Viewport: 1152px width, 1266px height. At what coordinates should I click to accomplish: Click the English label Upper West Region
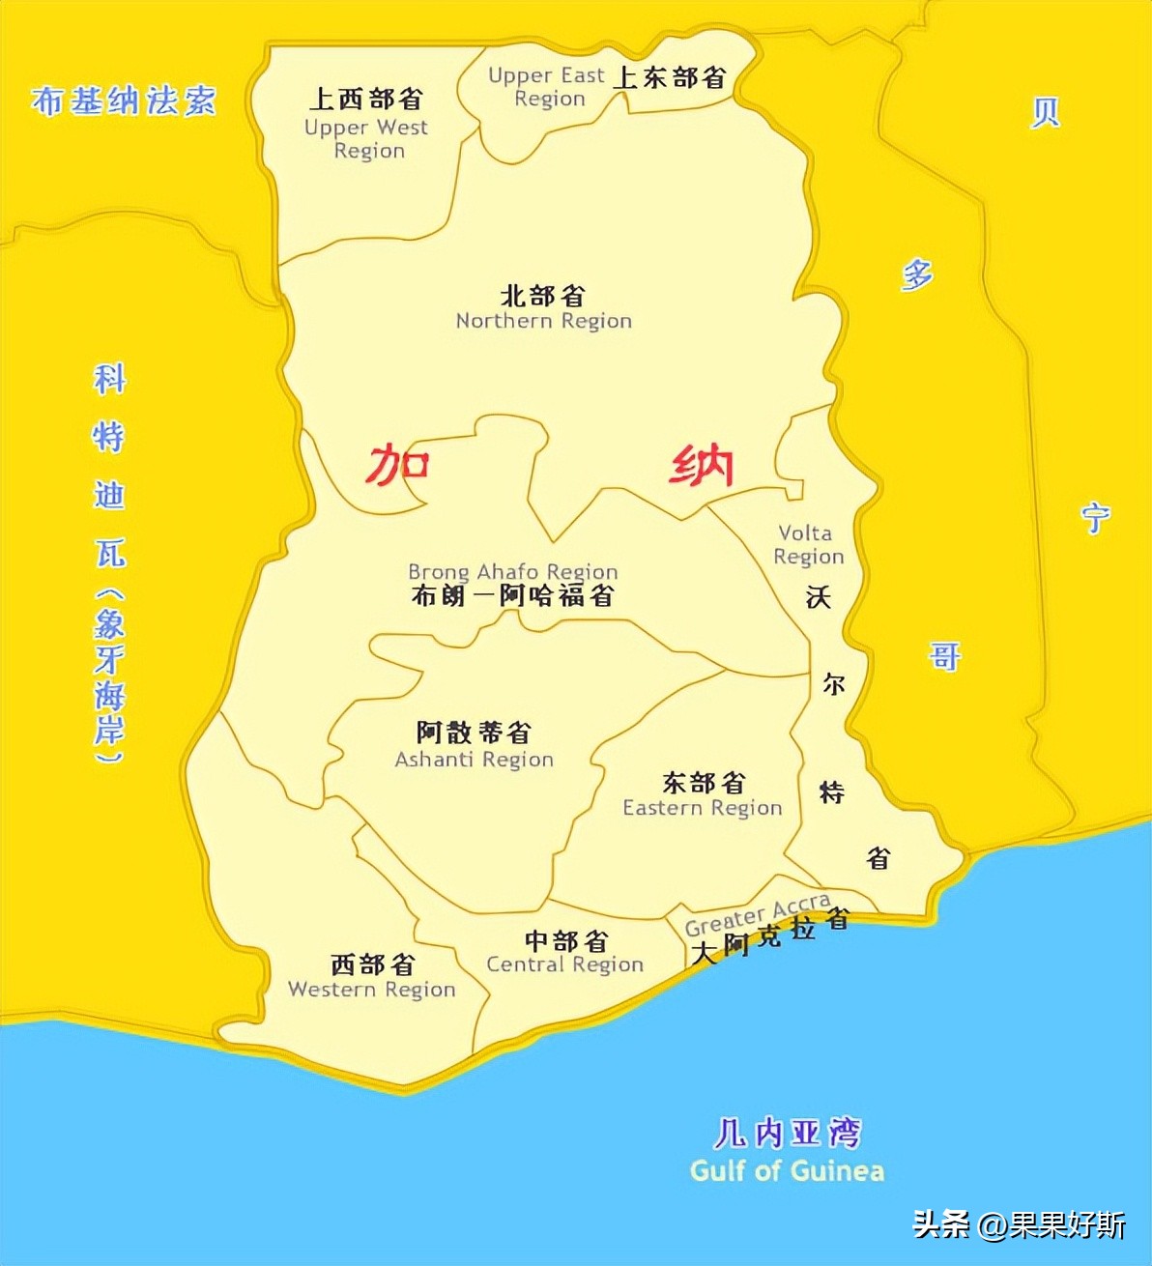coord(366,139)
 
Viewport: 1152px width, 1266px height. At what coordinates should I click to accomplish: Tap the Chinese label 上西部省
coord(366,99)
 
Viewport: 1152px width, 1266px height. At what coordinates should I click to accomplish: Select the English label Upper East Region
coord(547,87)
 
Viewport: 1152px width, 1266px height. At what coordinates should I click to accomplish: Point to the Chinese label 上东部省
coord(670,77)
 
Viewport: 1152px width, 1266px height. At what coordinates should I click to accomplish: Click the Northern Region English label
coord(543,321)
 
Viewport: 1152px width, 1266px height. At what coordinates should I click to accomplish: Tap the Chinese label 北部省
coord(543,295)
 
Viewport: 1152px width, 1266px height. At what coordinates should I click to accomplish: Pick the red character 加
coord(397,465)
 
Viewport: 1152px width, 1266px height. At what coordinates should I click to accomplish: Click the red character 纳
coord(702,466)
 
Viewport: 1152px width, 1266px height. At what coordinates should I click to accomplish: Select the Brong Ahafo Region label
coord(512,572)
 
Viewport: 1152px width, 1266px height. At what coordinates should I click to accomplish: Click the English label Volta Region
coord(808,545)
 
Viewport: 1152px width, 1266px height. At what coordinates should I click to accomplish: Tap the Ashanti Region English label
coord(474,760)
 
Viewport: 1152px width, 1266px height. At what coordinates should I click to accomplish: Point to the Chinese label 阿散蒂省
coord(474,733)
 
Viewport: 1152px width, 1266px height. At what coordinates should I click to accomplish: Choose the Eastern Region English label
coord(702,808)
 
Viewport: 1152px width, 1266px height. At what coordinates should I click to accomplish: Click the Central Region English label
coord(564,964)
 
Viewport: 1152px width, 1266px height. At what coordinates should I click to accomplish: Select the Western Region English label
coord(371,990)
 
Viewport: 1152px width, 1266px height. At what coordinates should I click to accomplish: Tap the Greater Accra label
coord(758,914)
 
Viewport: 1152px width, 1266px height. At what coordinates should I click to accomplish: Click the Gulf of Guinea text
coord(787,1171)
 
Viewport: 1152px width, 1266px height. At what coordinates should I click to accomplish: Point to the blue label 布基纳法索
coord(124,101)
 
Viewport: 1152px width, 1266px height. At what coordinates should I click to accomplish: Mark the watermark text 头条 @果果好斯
coord(1020,1225)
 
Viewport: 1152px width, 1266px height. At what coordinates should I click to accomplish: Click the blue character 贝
coord(1045,113)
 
